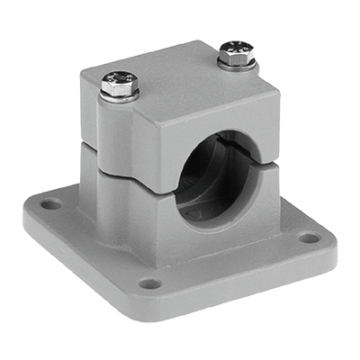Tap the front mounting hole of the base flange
(x=150, y=283)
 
